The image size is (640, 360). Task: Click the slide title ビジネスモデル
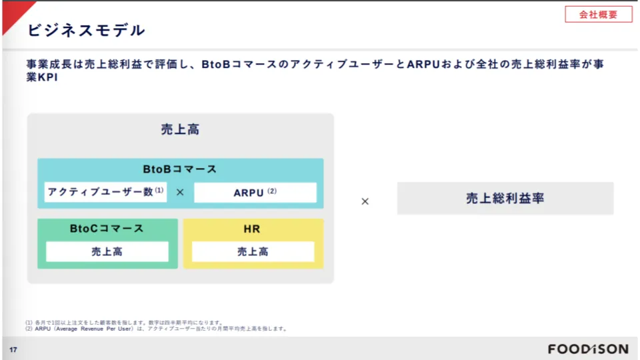(85, 30)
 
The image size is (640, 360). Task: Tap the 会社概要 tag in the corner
(598, 14)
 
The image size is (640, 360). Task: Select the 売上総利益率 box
(505, 199)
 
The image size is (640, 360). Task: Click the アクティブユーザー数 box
(105, 192)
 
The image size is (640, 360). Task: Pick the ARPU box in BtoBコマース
(255, 193)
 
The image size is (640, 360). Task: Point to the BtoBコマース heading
(180, 169)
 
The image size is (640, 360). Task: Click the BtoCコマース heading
(107, 229)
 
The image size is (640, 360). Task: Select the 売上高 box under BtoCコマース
(107, 251)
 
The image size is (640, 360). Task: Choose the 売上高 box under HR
(253, 251)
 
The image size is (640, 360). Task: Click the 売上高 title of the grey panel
(180, 129)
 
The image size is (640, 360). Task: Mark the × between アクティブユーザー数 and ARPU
(180, 193)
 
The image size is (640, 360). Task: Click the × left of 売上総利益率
(365, 201)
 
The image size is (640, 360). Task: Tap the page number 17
(13, 350)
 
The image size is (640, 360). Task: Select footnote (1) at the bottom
(124, 322)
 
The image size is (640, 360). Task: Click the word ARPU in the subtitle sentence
(421, 65)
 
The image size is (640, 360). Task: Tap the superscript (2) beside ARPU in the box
(272, 191)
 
